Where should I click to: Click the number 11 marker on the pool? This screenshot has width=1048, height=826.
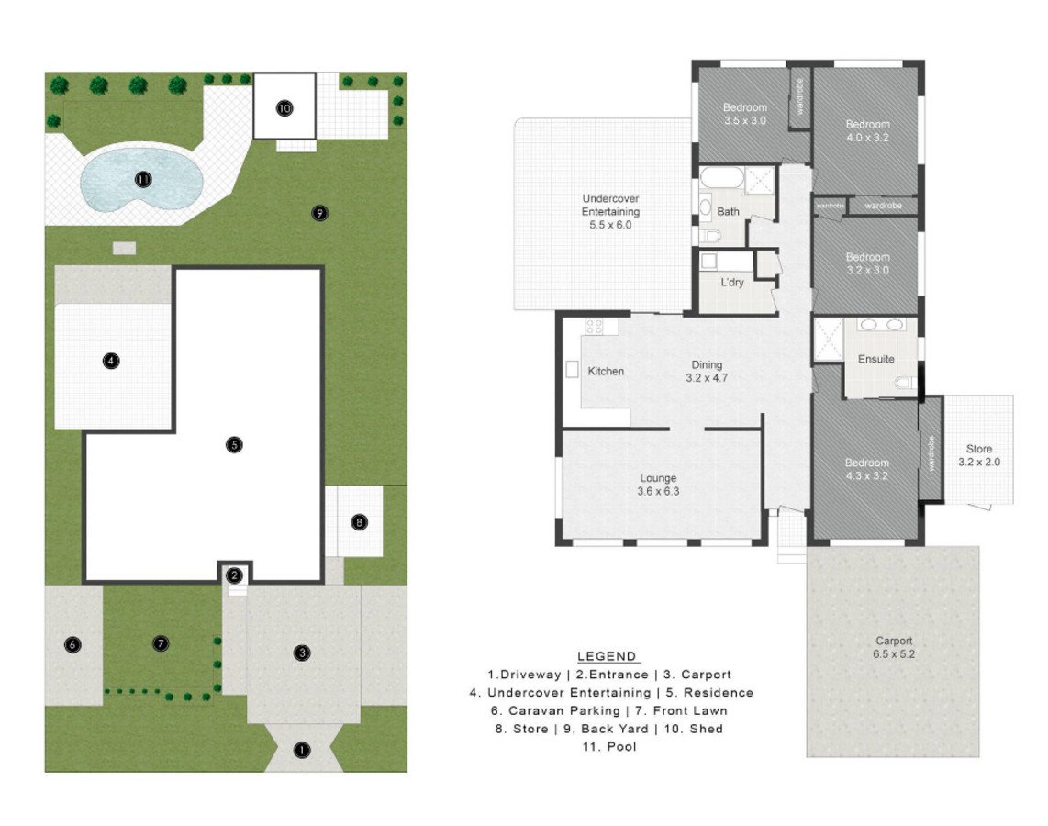pos(143,179)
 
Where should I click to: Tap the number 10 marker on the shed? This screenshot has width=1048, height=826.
pos(284,107)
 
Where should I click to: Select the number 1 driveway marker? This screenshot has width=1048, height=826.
pos(302,750)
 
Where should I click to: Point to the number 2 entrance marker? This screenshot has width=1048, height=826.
pos(234,575)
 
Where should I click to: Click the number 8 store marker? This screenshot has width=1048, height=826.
pos(359,522)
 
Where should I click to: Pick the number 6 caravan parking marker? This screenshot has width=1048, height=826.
pos(72,645)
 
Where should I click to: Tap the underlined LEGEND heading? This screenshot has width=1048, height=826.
pos(607,656)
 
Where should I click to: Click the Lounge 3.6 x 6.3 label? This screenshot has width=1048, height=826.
pos(658,485)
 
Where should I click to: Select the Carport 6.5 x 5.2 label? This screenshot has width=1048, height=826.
pos(894,647)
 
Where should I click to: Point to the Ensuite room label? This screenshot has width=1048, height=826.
pos(875,359)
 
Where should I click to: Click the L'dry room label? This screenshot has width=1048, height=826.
pos(732,282)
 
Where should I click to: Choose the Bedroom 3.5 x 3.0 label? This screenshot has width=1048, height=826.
pos(744,114)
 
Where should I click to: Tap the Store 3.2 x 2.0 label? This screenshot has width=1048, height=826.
pos(979,455)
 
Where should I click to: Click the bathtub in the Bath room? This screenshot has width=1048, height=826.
pos(722,178)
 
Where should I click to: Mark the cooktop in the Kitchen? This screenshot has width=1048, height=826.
pos(594,326)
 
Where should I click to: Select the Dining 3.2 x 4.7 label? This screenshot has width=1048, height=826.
pos(707,371)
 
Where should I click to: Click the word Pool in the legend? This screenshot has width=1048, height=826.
pos(621,746)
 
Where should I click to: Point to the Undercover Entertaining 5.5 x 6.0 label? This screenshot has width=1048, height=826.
pos(610,211)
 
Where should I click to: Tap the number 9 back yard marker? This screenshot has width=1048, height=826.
pos(319,213)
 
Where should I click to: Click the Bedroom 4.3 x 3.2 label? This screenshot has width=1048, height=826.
pos(867,469)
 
